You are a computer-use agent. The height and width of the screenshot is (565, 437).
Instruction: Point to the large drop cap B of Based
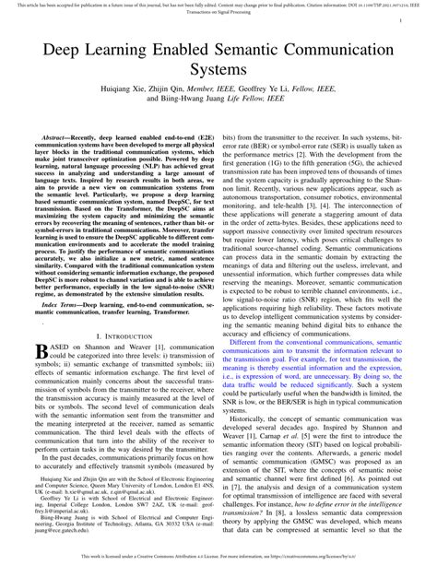click(x=40, y=326)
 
